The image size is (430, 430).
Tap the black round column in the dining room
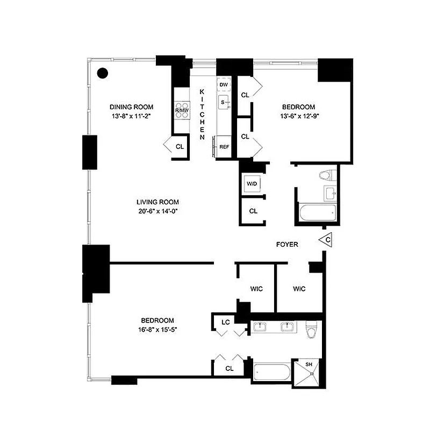[x=103, y=74]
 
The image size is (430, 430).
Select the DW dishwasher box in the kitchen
[x=224, y=84]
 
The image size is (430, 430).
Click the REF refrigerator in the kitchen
[x=224, y=146]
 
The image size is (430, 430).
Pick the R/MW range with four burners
[x=182, y=110]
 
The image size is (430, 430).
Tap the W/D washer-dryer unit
[x=252, y=184]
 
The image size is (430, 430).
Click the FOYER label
[x=287, y=245]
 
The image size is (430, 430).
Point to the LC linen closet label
[x=226, y=322]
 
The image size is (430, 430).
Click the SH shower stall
[x=308, y=372]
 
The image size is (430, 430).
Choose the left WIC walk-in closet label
[x=256, y=289]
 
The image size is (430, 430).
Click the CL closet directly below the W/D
[x=253, y=211]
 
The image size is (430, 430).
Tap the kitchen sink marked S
[x=224, y=102]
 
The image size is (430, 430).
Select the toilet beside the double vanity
[x=310, y=330]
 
